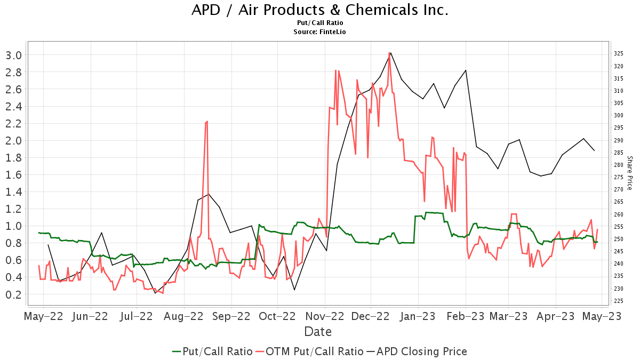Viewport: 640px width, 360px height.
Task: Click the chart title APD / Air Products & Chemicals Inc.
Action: pyautogui.click(x=319, y=10)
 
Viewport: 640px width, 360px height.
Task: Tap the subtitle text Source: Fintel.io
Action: pyautogui.click(x=319, y=32)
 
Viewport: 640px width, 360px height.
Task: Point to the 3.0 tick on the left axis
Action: pyautogui.click(x=13, y=55)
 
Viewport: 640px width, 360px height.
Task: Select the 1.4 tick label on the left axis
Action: pyautogui.click(x=13, y=191)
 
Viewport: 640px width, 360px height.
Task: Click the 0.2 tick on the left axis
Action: pyautogui.click(x=13, y=294)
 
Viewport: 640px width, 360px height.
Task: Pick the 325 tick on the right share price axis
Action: pyautogui.click(x=619, y=54)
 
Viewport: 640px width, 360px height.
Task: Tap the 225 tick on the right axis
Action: pyautogui.click(x=619, y=301)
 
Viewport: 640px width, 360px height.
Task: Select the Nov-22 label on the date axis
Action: pyautogui.click(x=325, y=316)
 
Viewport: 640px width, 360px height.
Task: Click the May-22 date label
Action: pyautogui.click(x=44, y=316)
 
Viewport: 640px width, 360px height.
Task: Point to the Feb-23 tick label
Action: pyautogui.click(x=466, y=316)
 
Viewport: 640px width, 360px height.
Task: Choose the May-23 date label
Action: pyautogui.click(x=603, y=316)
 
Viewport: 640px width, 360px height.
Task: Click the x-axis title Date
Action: pyautogui.click(x=318, y=332)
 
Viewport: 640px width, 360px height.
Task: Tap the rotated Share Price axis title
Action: pyautogui.click(x=629, y=173)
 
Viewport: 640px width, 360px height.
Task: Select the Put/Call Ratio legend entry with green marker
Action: pyautogui.click(x=212, y=351)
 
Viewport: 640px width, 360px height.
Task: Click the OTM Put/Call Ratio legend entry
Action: pyautogui.click(x=309, y=351)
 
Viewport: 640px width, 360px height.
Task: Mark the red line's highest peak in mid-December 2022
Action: pyautogui.click(x=389, y=53)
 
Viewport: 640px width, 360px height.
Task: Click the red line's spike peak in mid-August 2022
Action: pyautogui.click(x=207, y=121)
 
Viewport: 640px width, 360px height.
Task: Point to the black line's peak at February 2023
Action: pyautogui.click(x=466, y=70)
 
